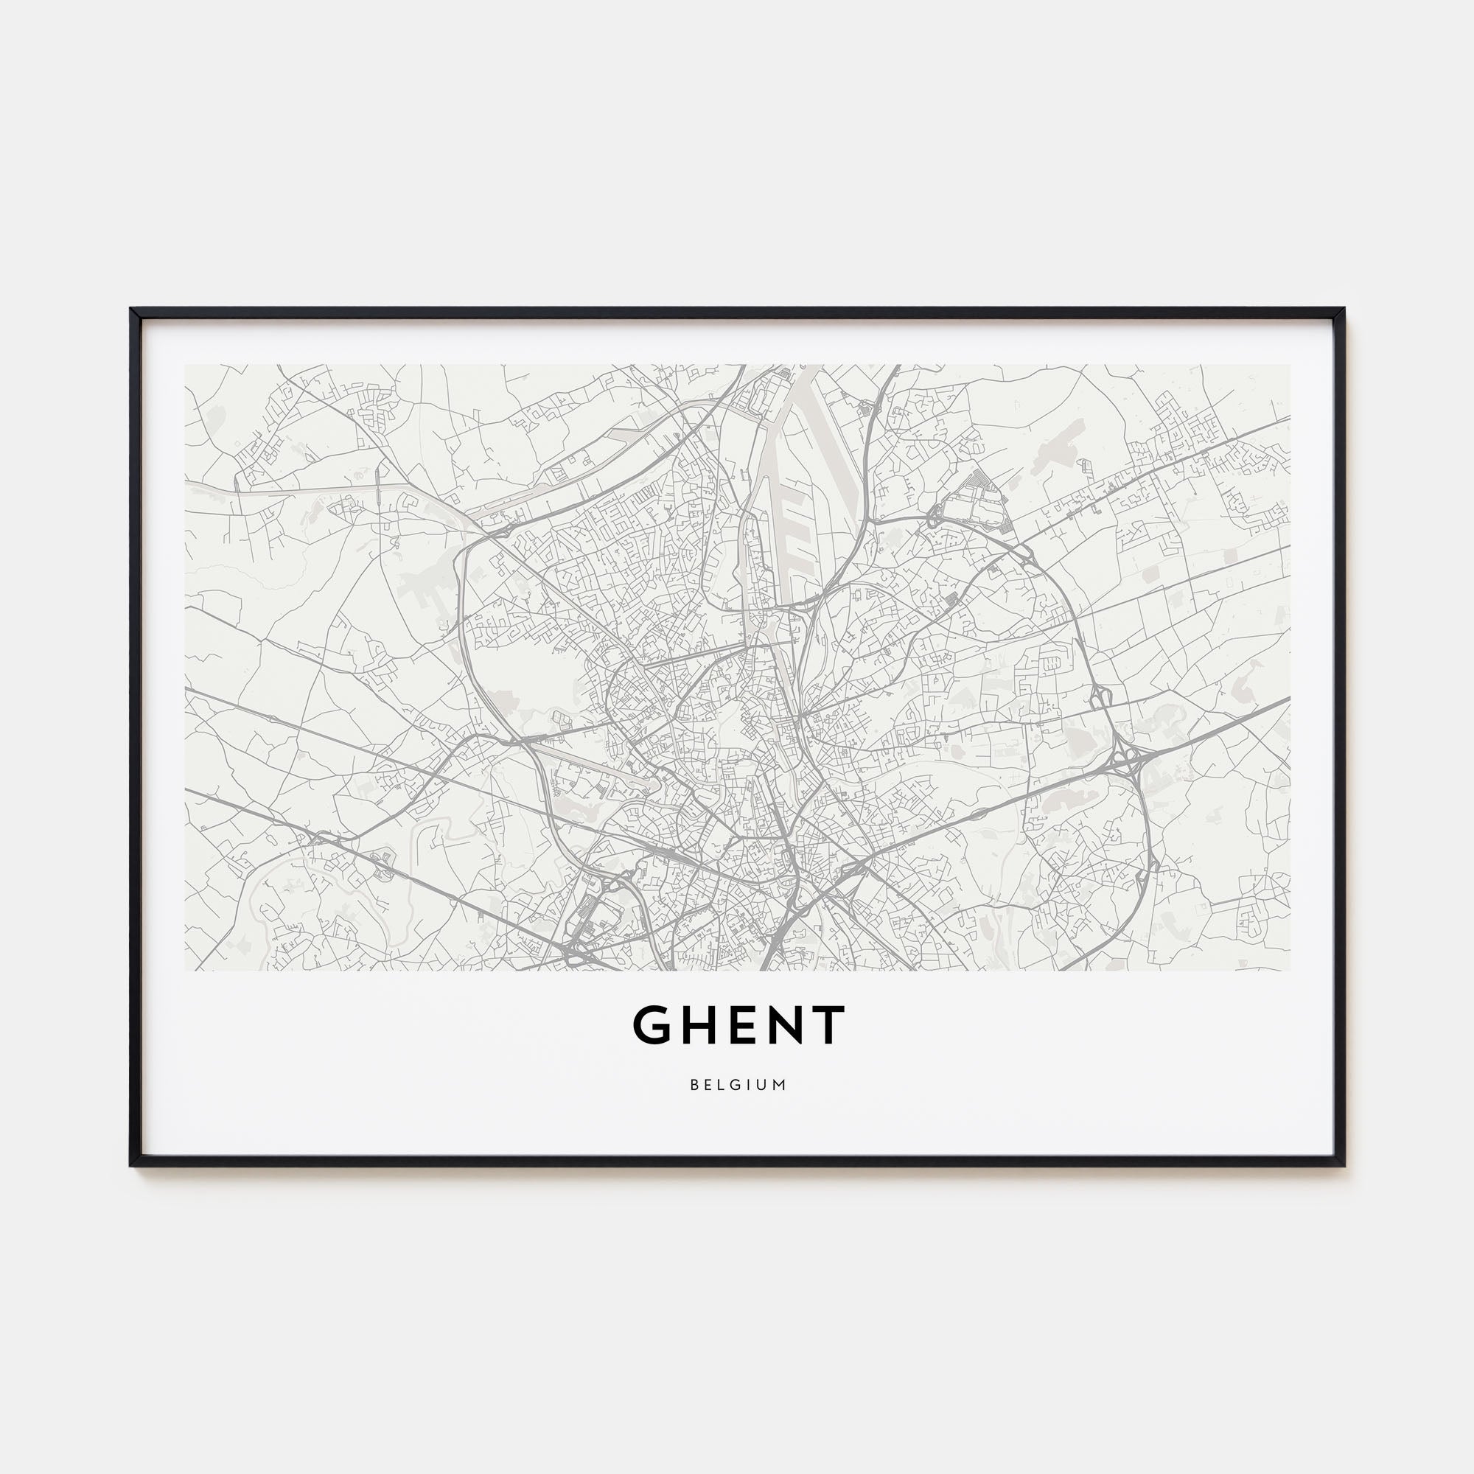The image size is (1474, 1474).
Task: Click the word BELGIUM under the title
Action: tap(738, 1084)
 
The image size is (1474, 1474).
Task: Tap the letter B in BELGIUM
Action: tap(694, 1084)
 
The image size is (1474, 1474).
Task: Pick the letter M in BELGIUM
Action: tap(780, 1084)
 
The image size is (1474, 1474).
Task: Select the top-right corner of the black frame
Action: tap(1343, 310)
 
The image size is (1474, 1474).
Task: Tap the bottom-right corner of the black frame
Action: tap(1343, 1165)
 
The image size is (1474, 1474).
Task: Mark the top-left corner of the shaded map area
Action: tap(186, 365)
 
